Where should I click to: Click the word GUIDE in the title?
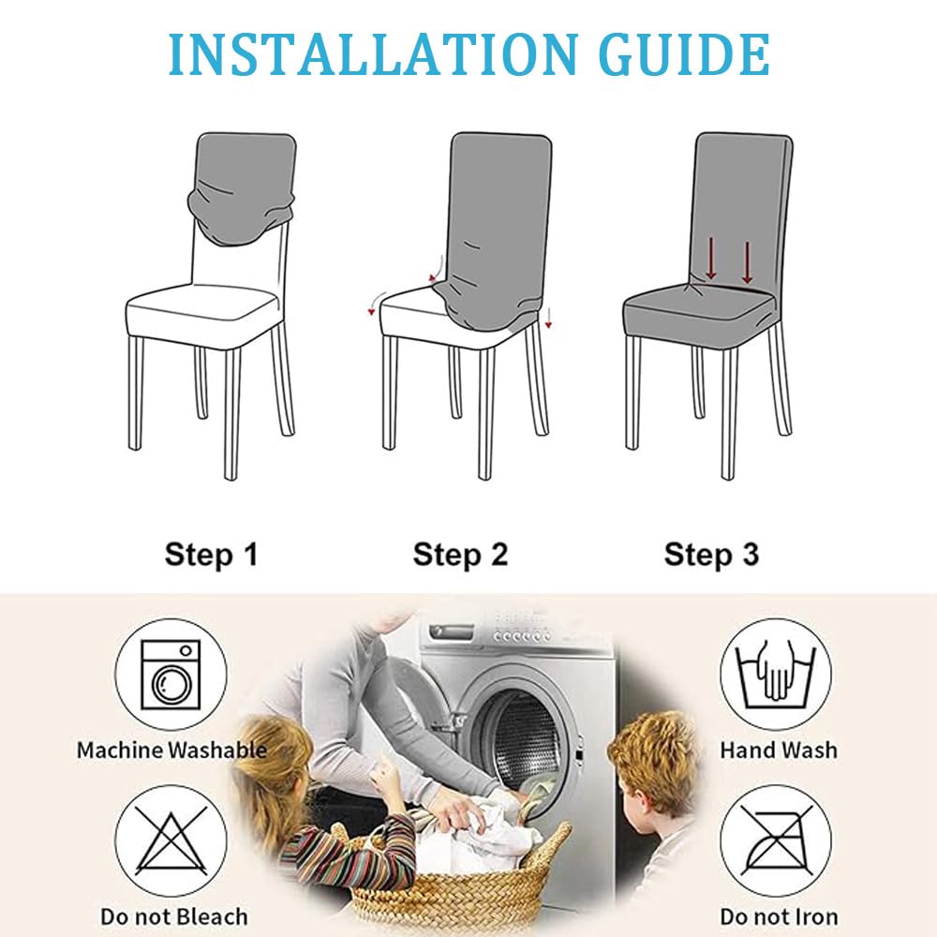click(x=684, y=55)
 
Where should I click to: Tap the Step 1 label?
click(x=211, y=555)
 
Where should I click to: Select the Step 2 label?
click(x=460, y=555)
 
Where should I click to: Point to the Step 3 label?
click(x=711, y=555)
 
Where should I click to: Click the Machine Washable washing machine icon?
click(x=171, y=675)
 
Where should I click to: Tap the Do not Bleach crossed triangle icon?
click(x=171, y=841)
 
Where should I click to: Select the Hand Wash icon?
click(x=776, y=675)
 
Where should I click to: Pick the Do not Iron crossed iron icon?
click(x=776, y=841)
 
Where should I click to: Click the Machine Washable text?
click(x=172, y=750)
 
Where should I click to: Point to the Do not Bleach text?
click(x=174, y=916)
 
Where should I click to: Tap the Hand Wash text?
click(x=779, y=750)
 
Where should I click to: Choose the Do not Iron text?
click(x=779, y=916)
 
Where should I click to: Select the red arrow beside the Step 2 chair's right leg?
click(x=548, y=318)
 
